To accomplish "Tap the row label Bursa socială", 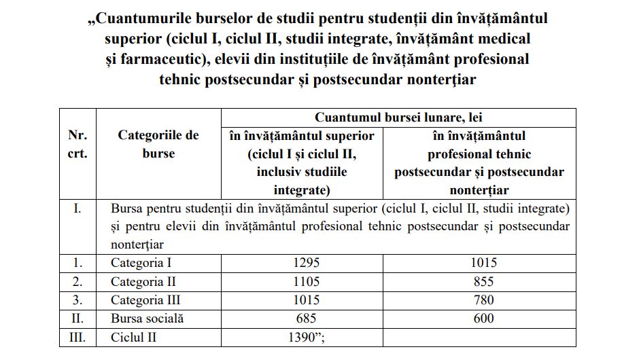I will pos(148,318).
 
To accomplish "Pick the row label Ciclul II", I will pos(138,336).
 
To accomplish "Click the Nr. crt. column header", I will pos(77,145).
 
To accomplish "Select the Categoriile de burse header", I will pos(158,145).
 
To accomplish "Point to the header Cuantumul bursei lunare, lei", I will pos(399,118).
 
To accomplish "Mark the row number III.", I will pos(77,336).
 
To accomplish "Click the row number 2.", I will pos(77,281).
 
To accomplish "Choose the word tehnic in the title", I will pos(182,79).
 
